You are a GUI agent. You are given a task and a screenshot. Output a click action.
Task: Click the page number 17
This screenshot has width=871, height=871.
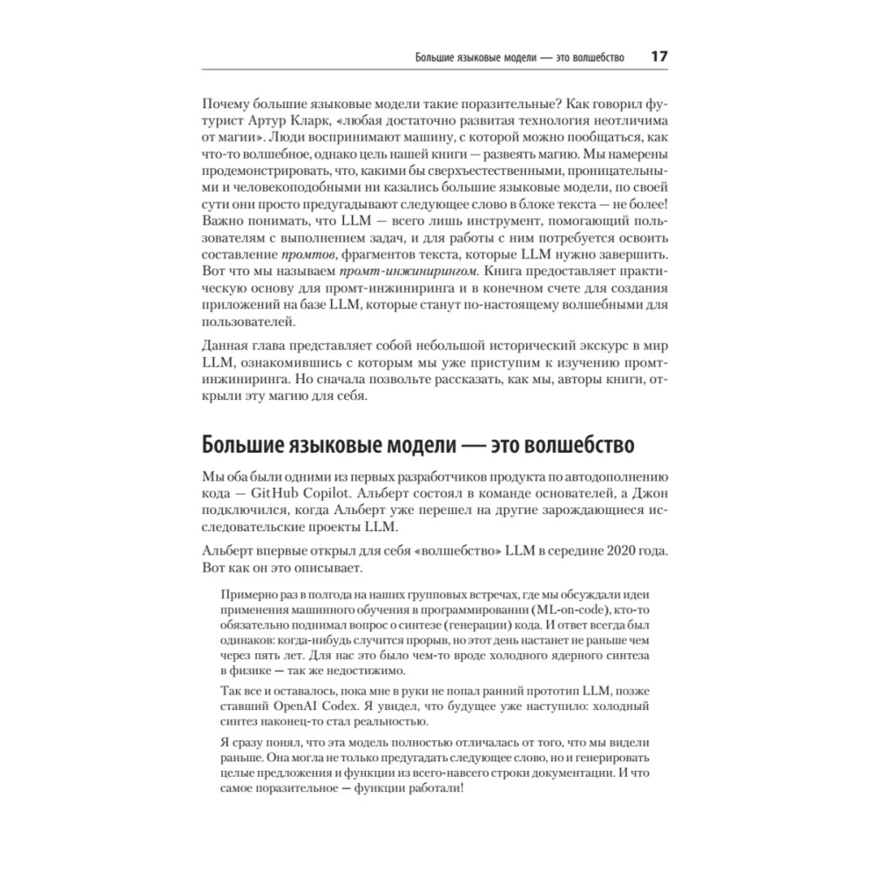pyautogui.click(x=658, y=57)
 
